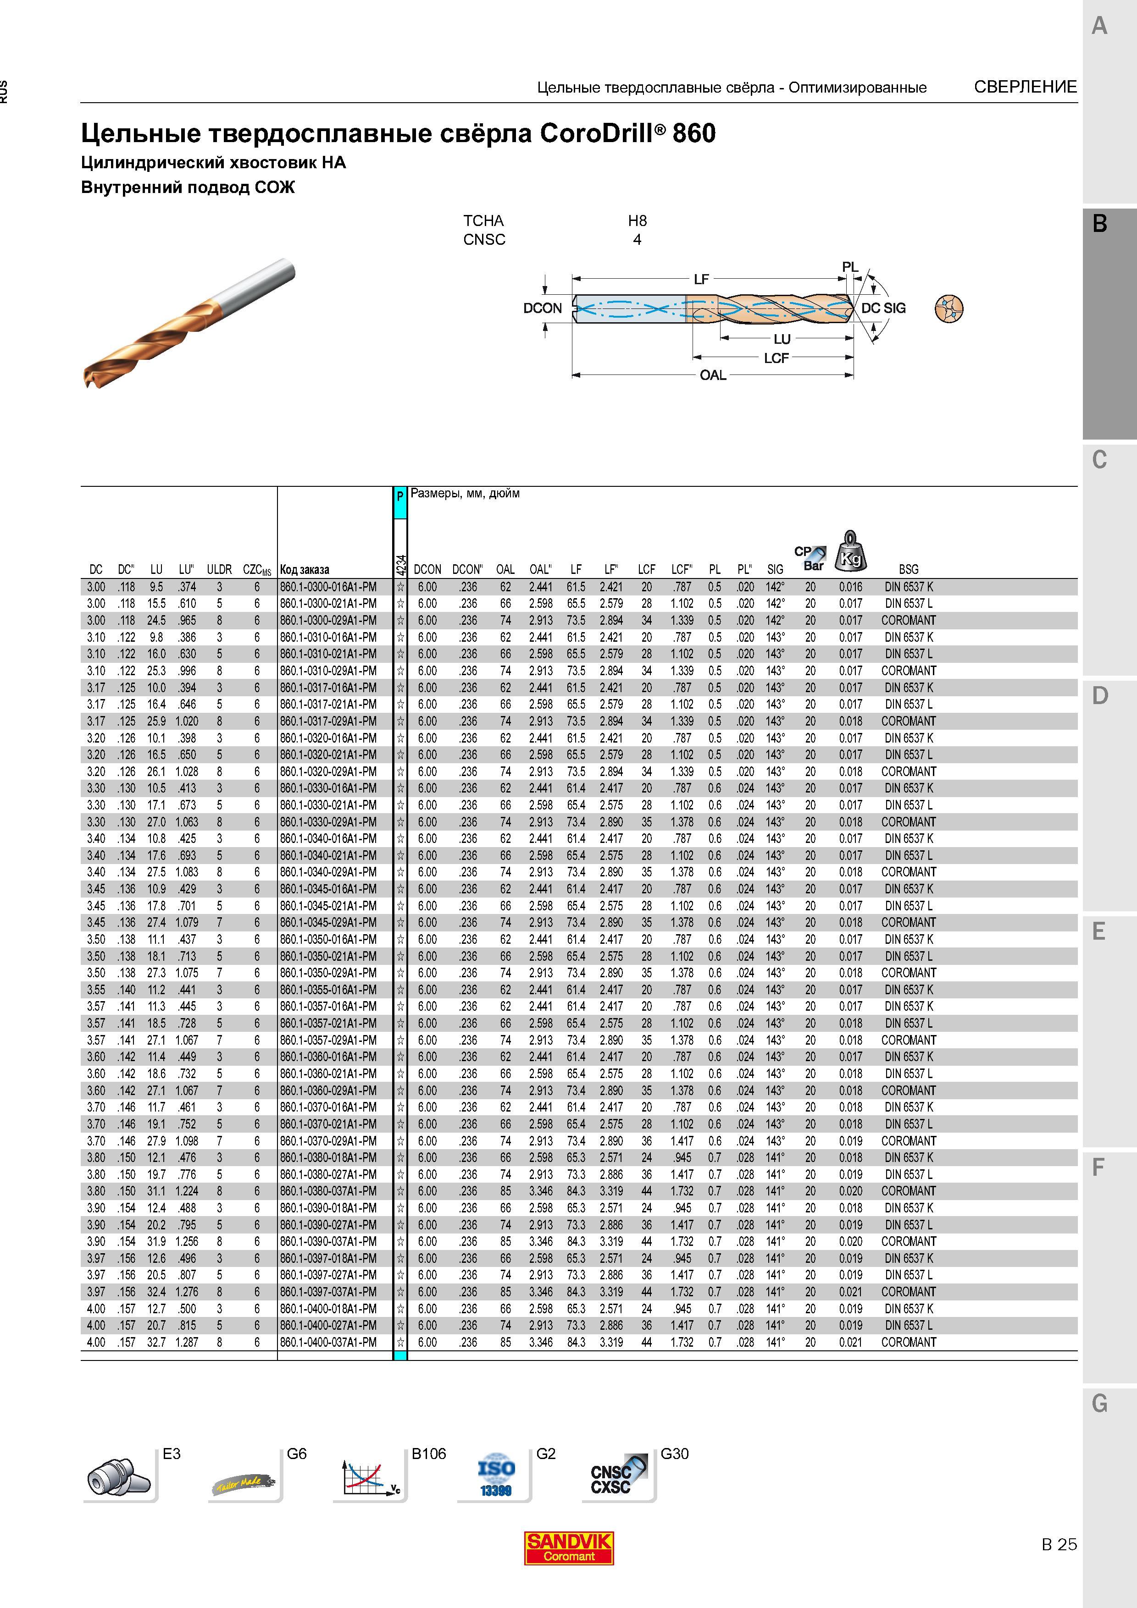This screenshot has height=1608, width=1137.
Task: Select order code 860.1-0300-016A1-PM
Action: [x=328, y=587]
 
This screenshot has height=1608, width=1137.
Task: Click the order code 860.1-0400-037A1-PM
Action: [x=328, y=1342]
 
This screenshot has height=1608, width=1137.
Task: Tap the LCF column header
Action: [x=646, y=569]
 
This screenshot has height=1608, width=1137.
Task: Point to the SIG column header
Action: [x=775, y=569]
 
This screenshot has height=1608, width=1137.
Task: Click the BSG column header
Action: [x=909, y=569]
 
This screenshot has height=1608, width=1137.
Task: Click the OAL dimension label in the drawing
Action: [x=713, y=375]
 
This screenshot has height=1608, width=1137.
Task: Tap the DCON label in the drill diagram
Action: [x=542, y=308]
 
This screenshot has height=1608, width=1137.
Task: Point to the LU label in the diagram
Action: [x=782, y=340]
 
